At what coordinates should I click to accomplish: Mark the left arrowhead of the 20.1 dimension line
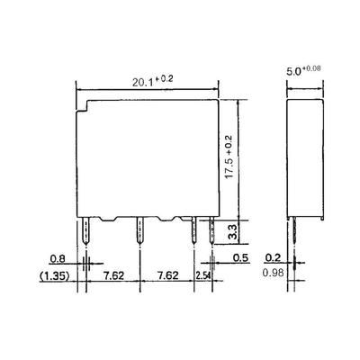click(80, 88)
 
